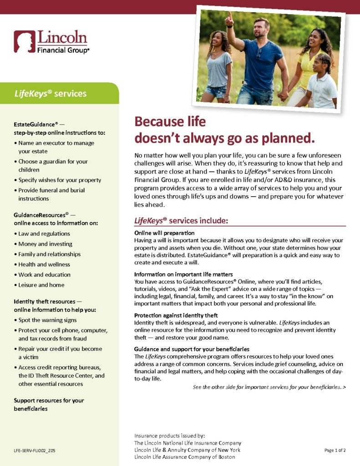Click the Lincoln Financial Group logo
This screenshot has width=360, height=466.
pyautogui.click(x=51, y=42)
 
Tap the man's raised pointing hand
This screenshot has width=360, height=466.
pyautogui.click(x=229, y=19)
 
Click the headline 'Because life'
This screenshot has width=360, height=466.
pyautogui.click(x=170, y=122)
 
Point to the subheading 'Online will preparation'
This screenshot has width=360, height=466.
pyautogui.click(x=162, y=233)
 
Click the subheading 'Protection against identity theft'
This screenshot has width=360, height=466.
pyautogui.click(x=176, y=315)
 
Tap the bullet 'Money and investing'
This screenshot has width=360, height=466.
pyautogui.click(x=45, y=244)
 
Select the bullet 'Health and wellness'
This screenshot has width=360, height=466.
pyautogui.click(x=44, y=264)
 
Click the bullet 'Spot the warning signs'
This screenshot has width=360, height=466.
pyautogui.click(x=47, y=320)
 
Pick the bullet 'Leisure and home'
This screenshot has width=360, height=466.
pyautogui.click(x=41, y=285)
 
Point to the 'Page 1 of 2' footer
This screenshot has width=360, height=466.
pyautogui.click(x=335, y=450)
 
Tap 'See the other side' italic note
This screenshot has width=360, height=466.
pyautogui.click(x=269, y=387)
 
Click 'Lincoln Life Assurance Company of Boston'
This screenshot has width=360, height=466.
pyautogui.click(x=184, y=457)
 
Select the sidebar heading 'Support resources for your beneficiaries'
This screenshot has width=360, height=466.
pyautogui.click(x=49, y=405)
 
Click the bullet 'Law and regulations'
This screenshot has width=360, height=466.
pyautogui.click(x=44, y=233)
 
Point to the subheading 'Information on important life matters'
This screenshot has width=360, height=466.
pyautogui.click(x=183, y=274)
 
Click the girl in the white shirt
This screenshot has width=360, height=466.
pyautogui.click(x=321, y=84)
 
